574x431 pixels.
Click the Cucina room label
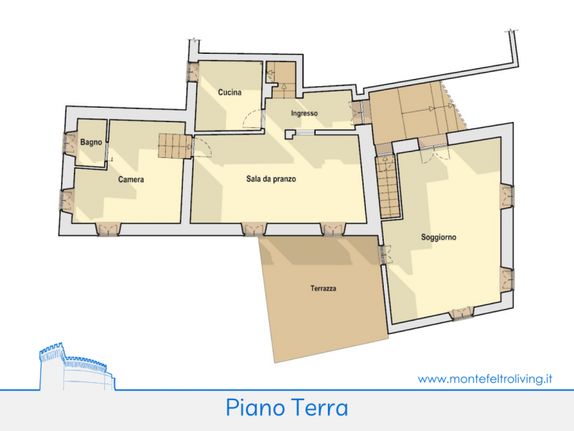point(230,93)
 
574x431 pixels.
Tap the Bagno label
point(91,142)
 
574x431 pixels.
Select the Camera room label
point(131,180)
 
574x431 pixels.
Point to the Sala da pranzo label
point(271,179)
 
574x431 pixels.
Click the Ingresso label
point(304,113)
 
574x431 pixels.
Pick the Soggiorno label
point(438,237)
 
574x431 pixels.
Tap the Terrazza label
point(324,289)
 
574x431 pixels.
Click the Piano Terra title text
point(286,407)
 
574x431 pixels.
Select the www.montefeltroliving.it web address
point(485,379)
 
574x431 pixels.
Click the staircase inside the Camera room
point(175,146)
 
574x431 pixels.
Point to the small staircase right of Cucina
point(281,80)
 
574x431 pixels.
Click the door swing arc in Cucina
point(253,119)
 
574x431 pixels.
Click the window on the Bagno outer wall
point(70,143)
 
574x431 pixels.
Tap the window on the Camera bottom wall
point(108,229)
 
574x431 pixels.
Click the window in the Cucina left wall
point(192,71)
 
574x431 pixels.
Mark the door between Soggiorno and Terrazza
point(385,255)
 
